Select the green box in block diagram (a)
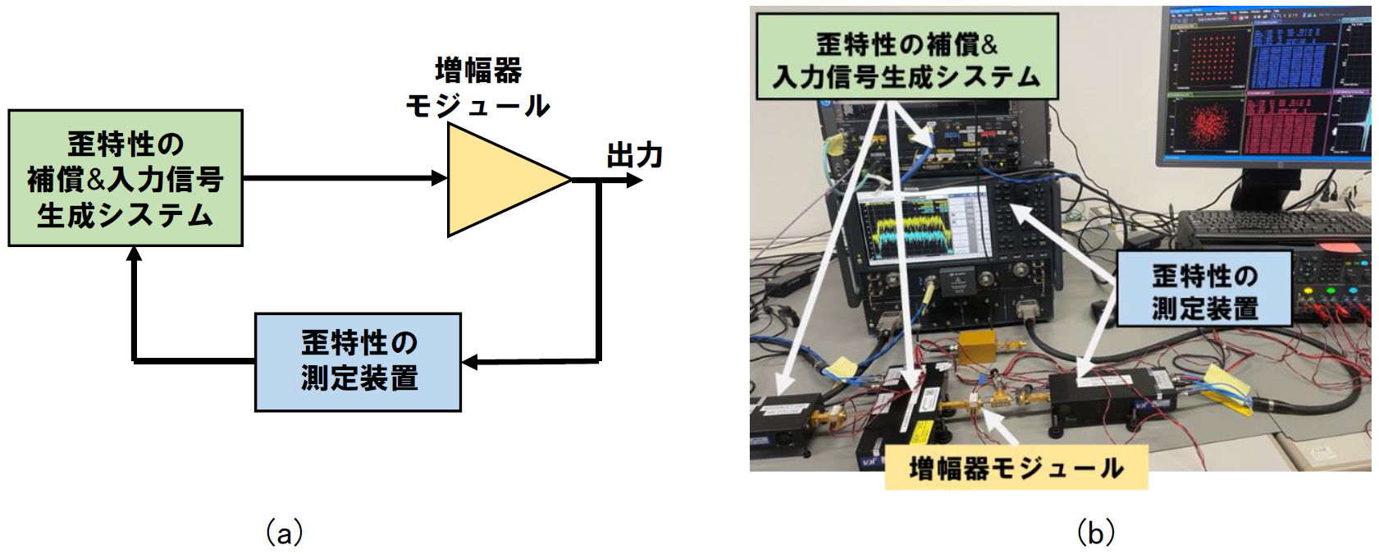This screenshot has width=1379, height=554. (x=126, y=178)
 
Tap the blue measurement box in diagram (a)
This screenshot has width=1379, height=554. (x=358, y=361)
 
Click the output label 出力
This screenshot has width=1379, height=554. (x=634, y=155)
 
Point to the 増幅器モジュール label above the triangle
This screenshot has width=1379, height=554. (x=478, y=88)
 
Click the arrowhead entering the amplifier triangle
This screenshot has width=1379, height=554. (x=440, y=177)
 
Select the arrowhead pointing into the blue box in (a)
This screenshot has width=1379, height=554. (x=469, y=361)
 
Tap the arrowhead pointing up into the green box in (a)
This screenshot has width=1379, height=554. (x=135, y=254)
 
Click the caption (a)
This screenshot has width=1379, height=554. (x=284, y=533)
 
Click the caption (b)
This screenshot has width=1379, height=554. (x=1094, y=533)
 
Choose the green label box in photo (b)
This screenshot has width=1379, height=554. (x=906, y=57)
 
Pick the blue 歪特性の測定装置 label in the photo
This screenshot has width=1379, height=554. (x=1203, y=291)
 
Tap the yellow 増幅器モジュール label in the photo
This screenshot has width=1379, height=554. (x=1016, y=468)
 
